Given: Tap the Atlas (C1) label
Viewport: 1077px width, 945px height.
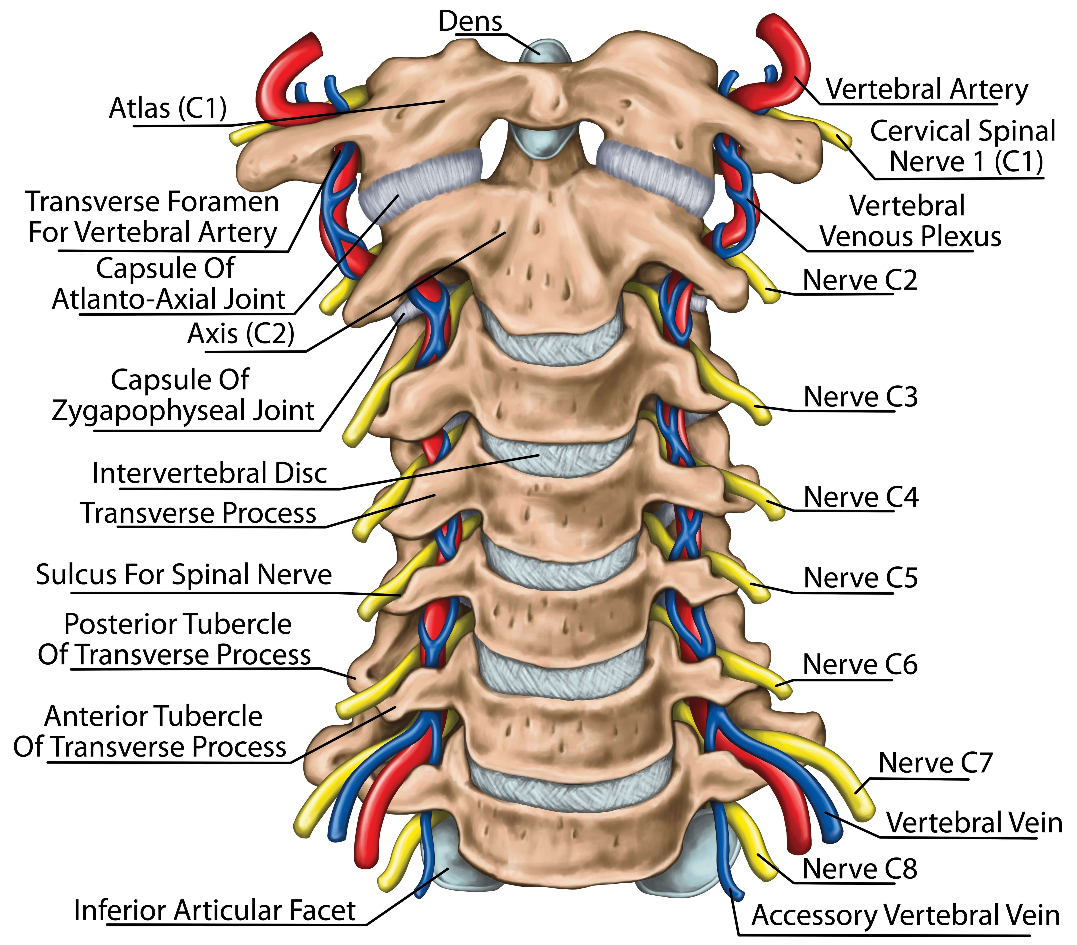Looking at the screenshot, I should (x=168, y=109).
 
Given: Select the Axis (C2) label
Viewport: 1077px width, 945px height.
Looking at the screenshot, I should (x=241, y=334).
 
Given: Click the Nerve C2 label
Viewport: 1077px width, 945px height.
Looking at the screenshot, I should (x=859, y=280).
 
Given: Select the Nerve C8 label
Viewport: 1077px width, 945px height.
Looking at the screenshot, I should (x=859, y=869).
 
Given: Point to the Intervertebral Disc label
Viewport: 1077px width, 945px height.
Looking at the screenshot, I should (x=209, y=473).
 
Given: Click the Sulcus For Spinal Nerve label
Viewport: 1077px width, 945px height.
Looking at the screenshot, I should (x=184, y=574).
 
